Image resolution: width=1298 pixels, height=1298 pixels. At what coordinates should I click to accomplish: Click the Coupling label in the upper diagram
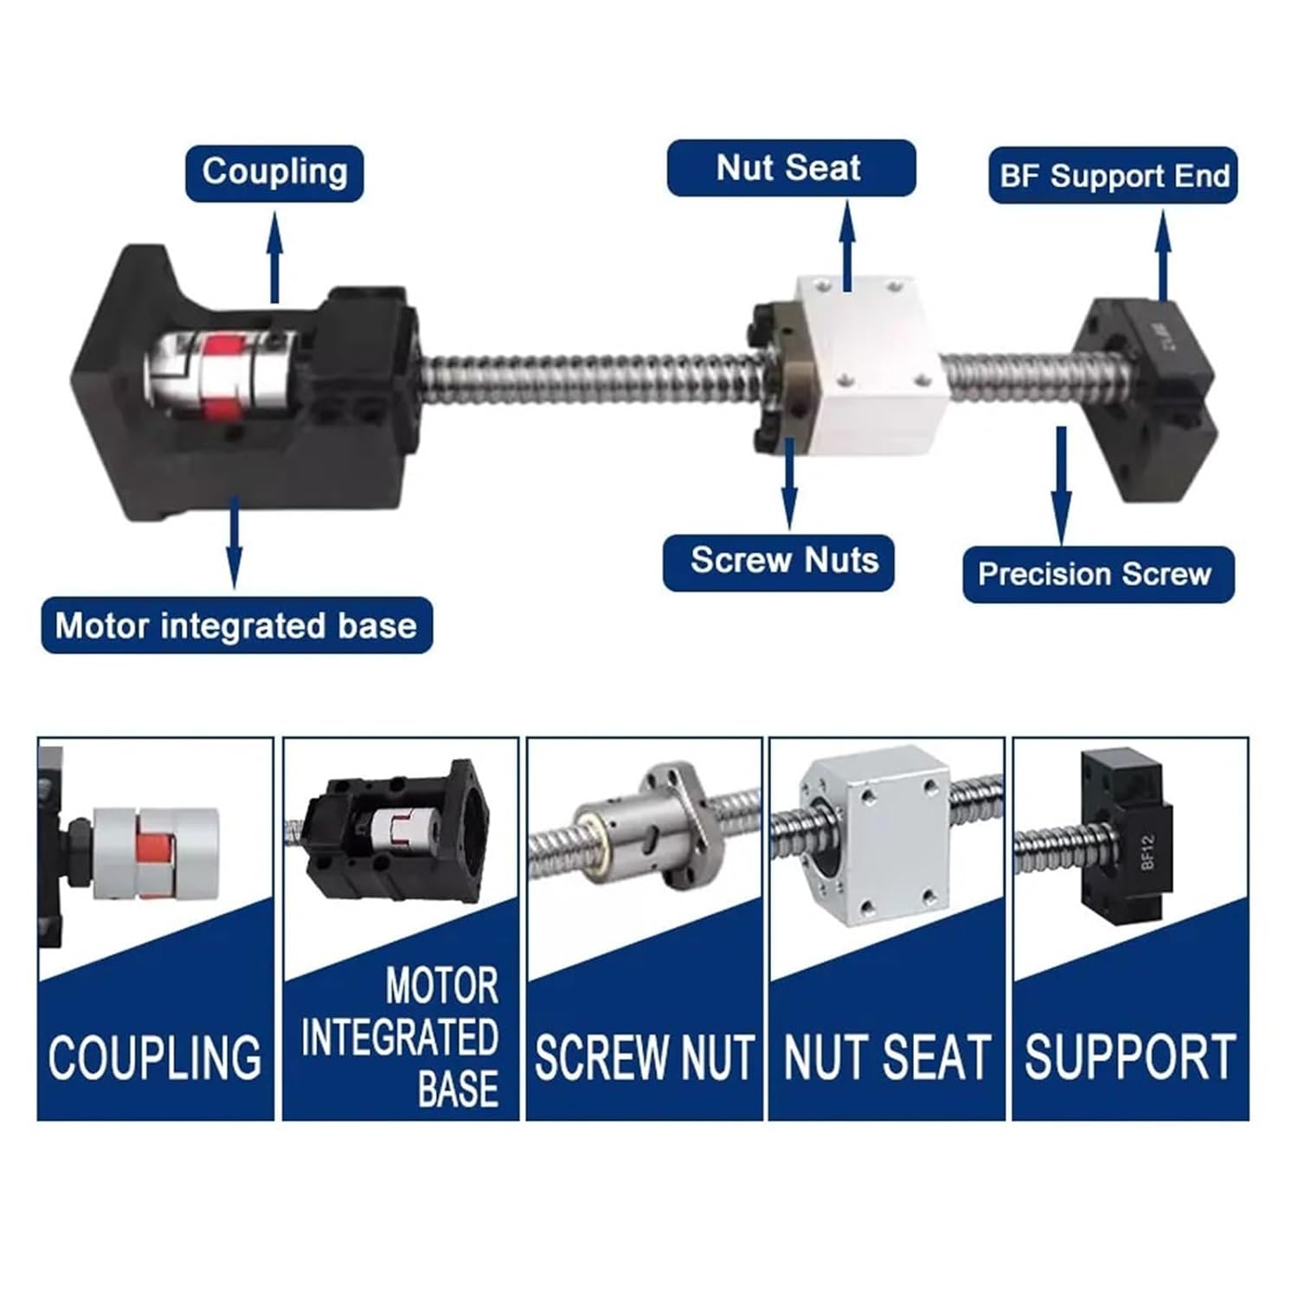click(274, 172)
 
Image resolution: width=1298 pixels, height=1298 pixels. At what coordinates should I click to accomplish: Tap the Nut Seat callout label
click(790, 168)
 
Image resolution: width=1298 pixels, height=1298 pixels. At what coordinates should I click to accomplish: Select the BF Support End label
click(1114, 176)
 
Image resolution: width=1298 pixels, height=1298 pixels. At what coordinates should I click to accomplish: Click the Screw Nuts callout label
click(783, 561)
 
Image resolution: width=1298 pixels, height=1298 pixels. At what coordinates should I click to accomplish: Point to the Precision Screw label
click(1096, 575)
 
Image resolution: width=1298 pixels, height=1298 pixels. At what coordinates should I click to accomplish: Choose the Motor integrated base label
click(236, 625)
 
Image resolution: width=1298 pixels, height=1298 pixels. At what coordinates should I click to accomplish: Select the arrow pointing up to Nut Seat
click(848, 247)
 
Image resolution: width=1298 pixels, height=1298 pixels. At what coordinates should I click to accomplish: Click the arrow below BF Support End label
click(1164, 254)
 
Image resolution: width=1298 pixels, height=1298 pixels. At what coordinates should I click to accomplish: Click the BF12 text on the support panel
click(1148, 851)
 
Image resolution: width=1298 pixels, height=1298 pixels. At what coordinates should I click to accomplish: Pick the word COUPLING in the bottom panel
click(155, 1057)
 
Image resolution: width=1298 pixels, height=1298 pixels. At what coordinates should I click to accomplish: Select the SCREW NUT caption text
click(645, 1057)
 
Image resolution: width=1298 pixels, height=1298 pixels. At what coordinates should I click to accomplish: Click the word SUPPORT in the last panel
click(1130, 1057)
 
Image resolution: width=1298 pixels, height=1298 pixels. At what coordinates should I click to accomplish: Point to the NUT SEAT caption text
click(887, 1057)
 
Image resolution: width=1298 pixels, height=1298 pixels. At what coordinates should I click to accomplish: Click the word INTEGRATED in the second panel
click(400, 1038)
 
